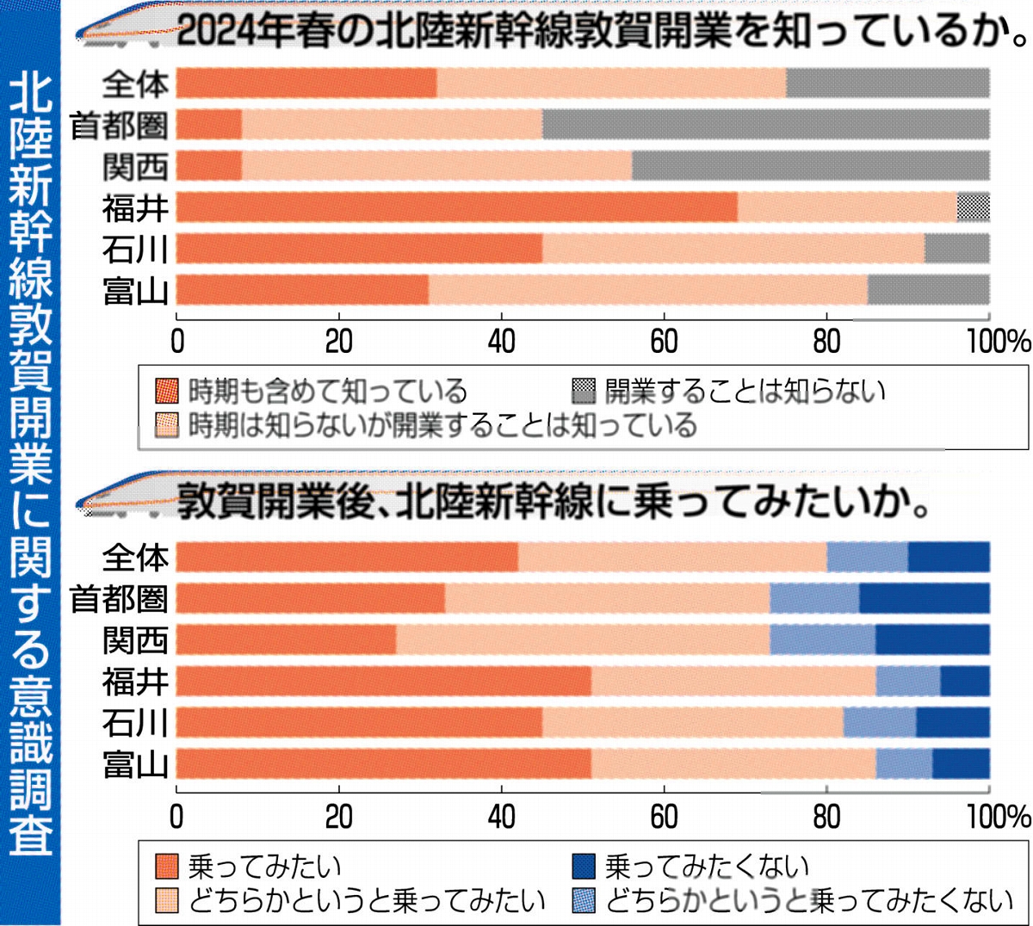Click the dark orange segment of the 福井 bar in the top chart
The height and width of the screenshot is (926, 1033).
click(x=456, y=207)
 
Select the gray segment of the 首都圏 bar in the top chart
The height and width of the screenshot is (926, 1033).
click(x=765, y=125)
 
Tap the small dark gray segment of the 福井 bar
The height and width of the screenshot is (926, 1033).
click(x=973, y=207)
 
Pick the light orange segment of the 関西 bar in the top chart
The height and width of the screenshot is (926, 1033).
click(x=436, y=166)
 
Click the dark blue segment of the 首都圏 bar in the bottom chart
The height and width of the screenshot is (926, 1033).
click(x=924, y=598)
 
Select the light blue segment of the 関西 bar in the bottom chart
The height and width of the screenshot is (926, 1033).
click(x=822, y=639)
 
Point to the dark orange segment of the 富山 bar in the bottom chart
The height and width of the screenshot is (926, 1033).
click(x=383, y=764)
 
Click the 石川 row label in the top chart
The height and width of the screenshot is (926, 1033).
click(x=134, y=250)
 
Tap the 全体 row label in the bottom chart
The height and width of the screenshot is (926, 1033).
click(x=134, y=558)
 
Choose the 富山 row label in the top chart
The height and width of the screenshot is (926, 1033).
click(x=134, y=291)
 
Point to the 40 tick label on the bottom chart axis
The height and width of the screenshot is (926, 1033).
click(x=501, y=816)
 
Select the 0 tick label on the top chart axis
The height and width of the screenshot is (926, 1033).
click(x=177, y=342)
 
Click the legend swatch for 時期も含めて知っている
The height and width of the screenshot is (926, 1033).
click(x=167, y=392)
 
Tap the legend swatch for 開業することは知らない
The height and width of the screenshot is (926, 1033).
click(x=584, y=392)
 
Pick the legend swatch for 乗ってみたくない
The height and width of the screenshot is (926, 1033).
click(x=584, y=866)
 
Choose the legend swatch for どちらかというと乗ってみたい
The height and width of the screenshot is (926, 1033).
click(x=167, y=900)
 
